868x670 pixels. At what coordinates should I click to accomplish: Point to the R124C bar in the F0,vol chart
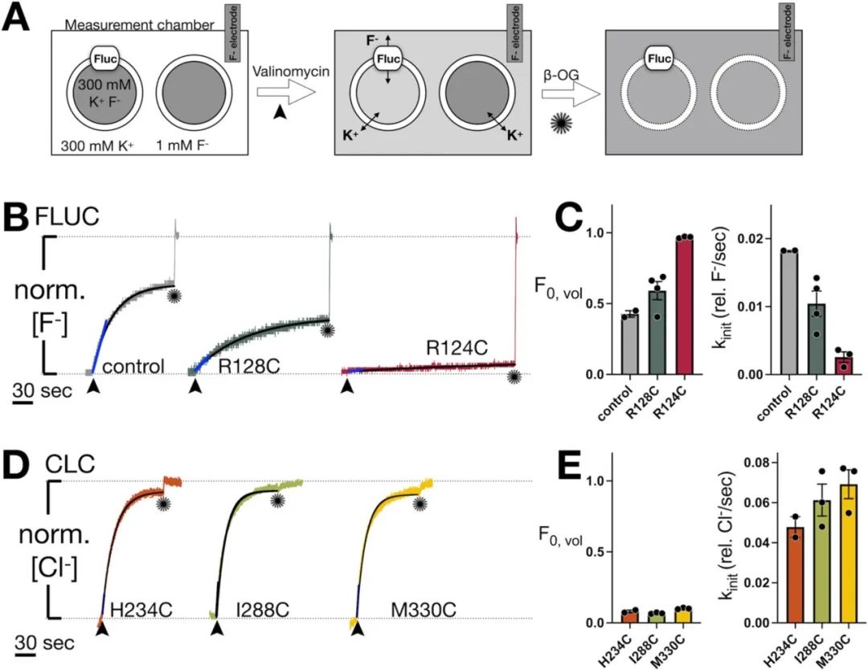click(685, 306)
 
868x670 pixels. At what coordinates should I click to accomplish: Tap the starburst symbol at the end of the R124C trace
click(514, 376)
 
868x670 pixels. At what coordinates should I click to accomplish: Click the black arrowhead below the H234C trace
click(101, 631)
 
